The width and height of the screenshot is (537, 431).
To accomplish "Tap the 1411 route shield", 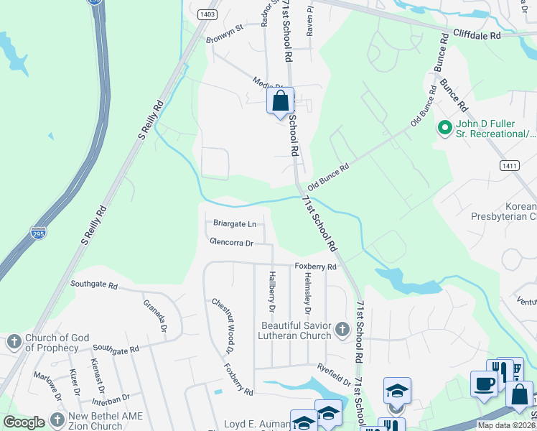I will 509,165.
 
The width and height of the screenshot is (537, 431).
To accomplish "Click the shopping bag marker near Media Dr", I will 281,101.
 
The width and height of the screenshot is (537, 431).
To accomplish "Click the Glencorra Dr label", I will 231,243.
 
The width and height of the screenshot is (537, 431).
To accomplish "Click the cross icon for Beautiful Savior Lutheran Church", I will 342,330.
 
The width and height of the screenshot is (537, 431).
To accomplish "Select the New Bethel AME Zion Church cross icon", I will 57,422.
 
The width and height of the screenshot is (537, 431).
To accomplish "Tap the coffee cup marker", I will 483,383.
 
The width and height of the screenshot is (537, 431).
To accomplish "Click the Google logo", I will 24,422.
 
